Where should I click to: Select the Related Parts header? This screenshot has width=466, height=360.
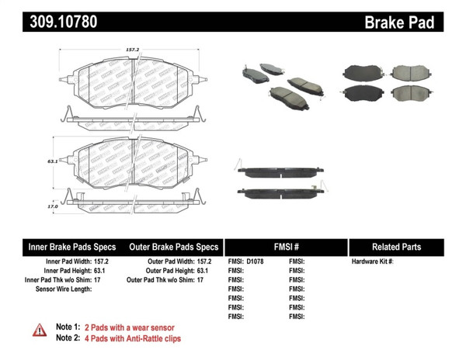(x=396, y=247)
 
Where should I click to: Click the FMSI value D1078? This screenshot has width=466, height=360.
(x=256, y=261)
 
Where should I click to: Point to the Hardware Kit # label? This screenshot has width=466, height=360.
(x=373, y=261)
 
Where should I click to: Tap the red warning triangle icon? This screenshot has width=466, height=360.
(x=39, y=331)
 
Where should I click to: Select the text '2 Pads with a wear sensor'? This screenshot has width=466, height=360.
(x=129, y=327)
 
